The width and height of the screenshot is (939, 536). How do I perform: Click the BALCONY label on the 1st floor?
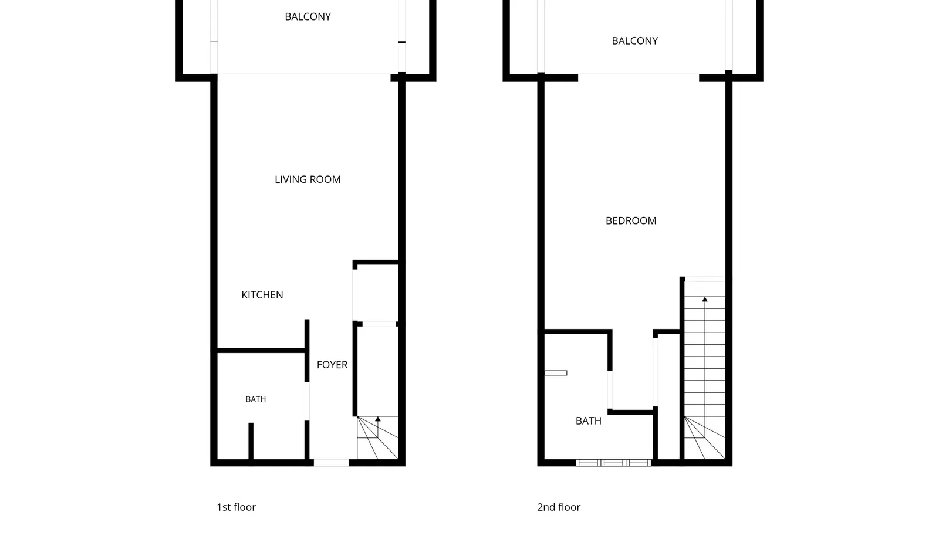coord(308,17)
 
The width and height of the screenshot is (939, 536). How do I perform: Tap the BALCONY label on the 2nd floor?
coord(634,41)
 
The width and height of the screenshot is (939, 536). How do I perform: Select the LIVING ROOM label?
coord(308,179)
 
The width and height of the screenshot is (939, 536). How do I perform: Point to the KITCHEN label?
coord(262,295)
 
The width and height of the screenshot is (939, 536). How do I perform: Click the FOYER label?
coord(332,365)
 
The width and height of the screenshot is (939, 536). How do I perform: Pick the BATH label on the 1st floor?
coord(256,399)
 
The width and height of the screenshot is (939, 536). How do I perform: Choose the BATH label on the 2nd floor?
coord(589,421)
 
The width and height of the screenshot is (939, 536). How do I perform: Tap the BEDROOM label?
coord(631,220)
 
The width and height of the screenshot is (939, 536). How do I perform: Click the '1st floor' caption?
coord(236,507)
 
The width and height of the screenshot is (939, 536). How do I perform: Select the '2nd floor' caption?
coord(559,507)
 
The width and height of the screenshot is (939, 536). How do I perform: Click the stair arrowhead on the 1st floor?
coord(378,419)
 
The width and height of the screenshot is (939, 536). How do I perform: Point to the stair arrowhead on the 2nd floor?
coord(705,299)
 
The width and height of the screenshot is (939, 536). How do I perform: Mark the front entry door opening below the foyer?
coord(331,463)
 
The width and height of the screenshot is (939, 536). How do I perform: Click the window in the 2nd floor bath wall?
coord(613,463)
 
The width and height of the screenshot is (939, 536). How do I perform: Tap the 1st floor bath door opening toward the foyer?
coord(308,401)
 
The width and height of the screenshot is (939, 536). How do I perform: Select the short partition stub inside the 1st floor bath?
coord(251,441)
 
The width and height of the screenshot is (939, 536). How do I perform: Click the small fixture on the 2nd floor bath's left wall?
coord(556,373)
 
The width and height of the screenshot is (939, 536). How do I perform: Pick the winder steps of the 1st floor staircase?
coord(377,437)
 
